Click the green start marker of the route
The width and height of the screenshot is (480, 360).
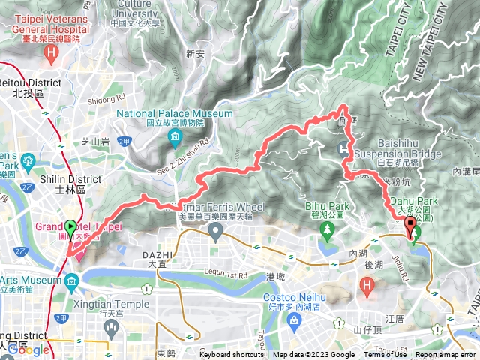coord(70,226)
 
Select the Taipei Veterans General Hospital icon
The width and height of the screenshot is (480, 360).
coord(51,52)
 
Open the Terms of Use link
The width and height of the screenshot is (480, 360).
coord(385,355)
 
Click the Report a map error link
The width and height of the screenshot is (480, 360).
coord(445,355)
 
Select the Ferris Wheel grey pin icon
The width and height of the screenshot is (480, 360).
coord(216,232)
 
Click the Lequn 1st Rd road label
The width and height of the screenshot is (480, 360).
coord(223,274)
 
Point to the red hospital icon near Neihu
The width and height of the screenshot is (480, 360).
coord(367,285)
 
